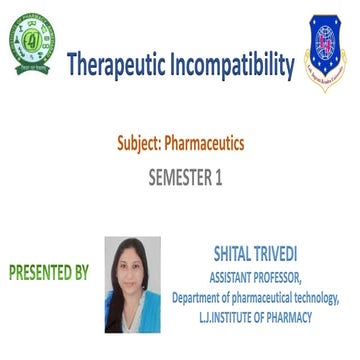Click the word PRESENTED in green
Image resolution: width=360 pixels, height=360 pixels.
click(42, 271)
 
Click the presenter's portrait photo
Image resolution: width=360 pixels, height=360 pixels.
click(132, 285)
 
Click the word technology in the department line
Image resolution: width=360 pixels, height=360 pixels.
click(314, 297)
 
